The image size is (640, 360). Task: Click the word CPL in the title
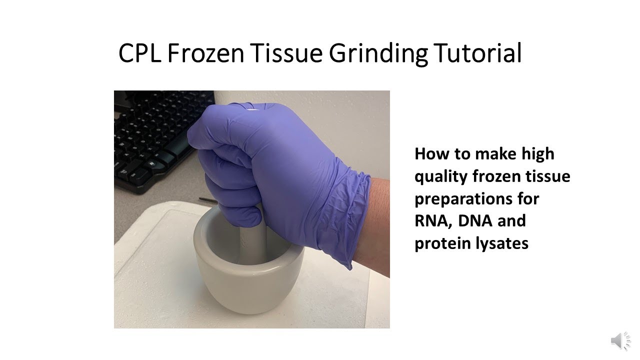pos(139,53)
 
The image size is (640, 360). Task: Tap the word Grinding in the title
pos(378,54)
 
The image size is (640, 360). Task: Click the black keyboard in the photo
pos(150,140)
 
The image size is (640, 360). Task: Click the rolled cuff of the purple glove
pos(350,210)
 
